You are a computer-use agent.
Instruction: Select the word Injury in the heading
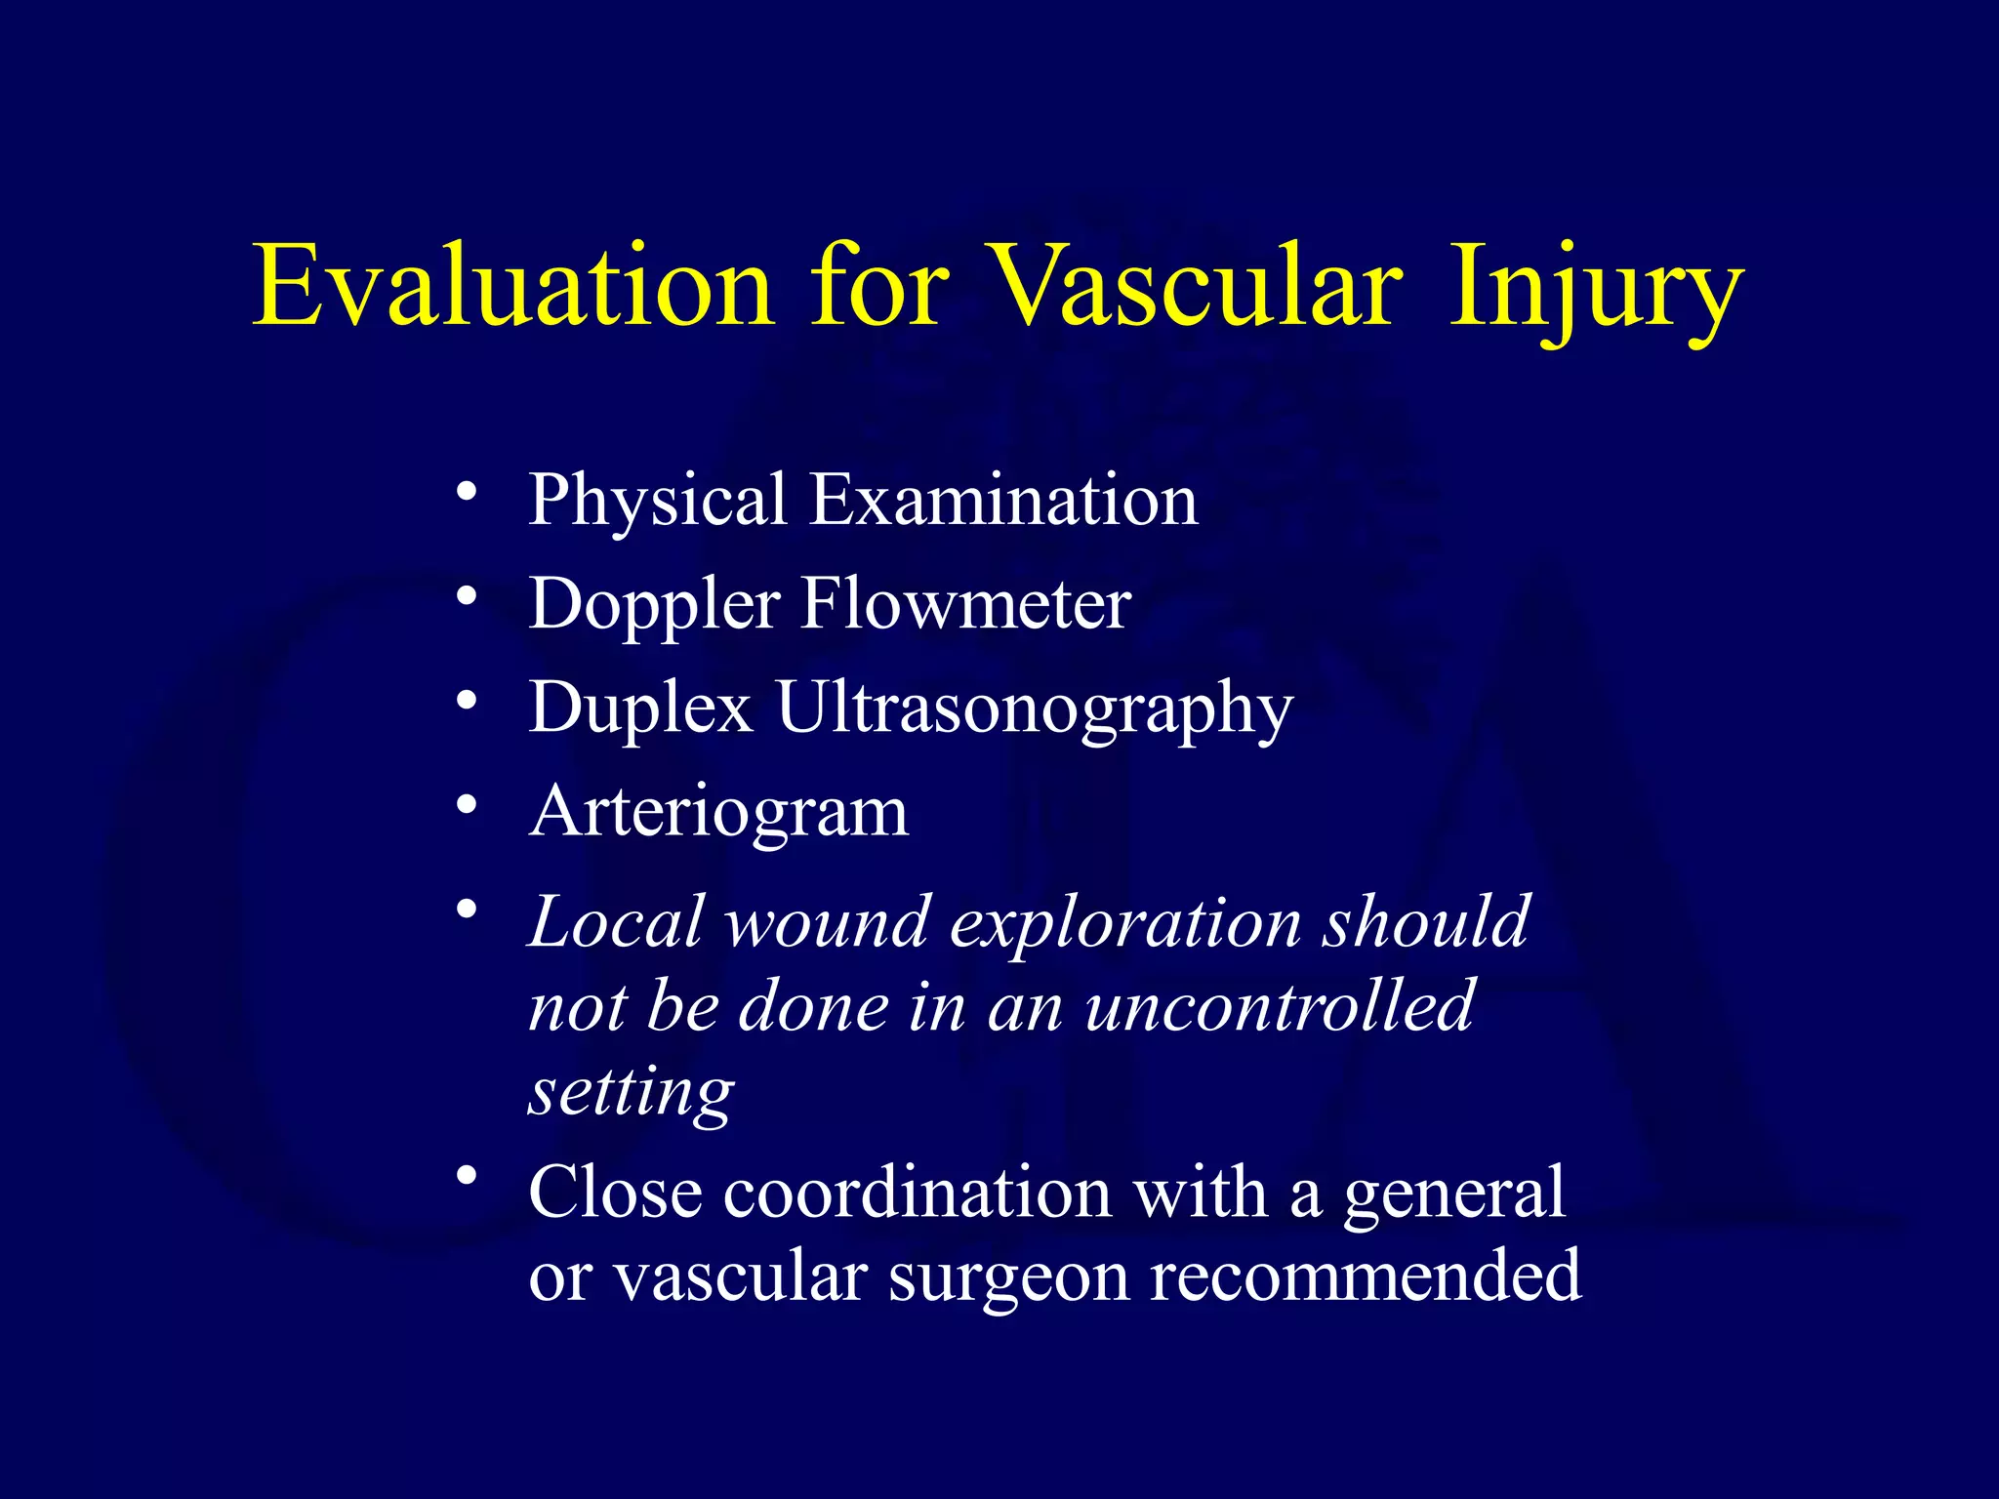1595,290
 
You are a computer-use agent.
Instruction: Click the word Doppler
654,605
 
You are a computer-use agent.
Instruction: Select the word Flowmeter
965,604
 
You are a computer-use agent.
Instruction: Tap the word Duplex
640,709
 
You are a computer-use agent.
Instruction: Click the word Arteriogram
718,812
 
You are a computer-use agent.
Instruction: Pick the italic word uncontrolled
1279,1007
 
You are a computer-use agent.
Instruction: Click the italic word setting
631,1093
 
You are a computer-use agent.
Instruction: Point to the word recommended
1366,1276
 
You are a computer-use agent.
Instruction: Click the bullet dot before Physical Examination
468,490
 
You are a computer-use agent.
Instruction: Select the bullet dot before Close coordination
468,1177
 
